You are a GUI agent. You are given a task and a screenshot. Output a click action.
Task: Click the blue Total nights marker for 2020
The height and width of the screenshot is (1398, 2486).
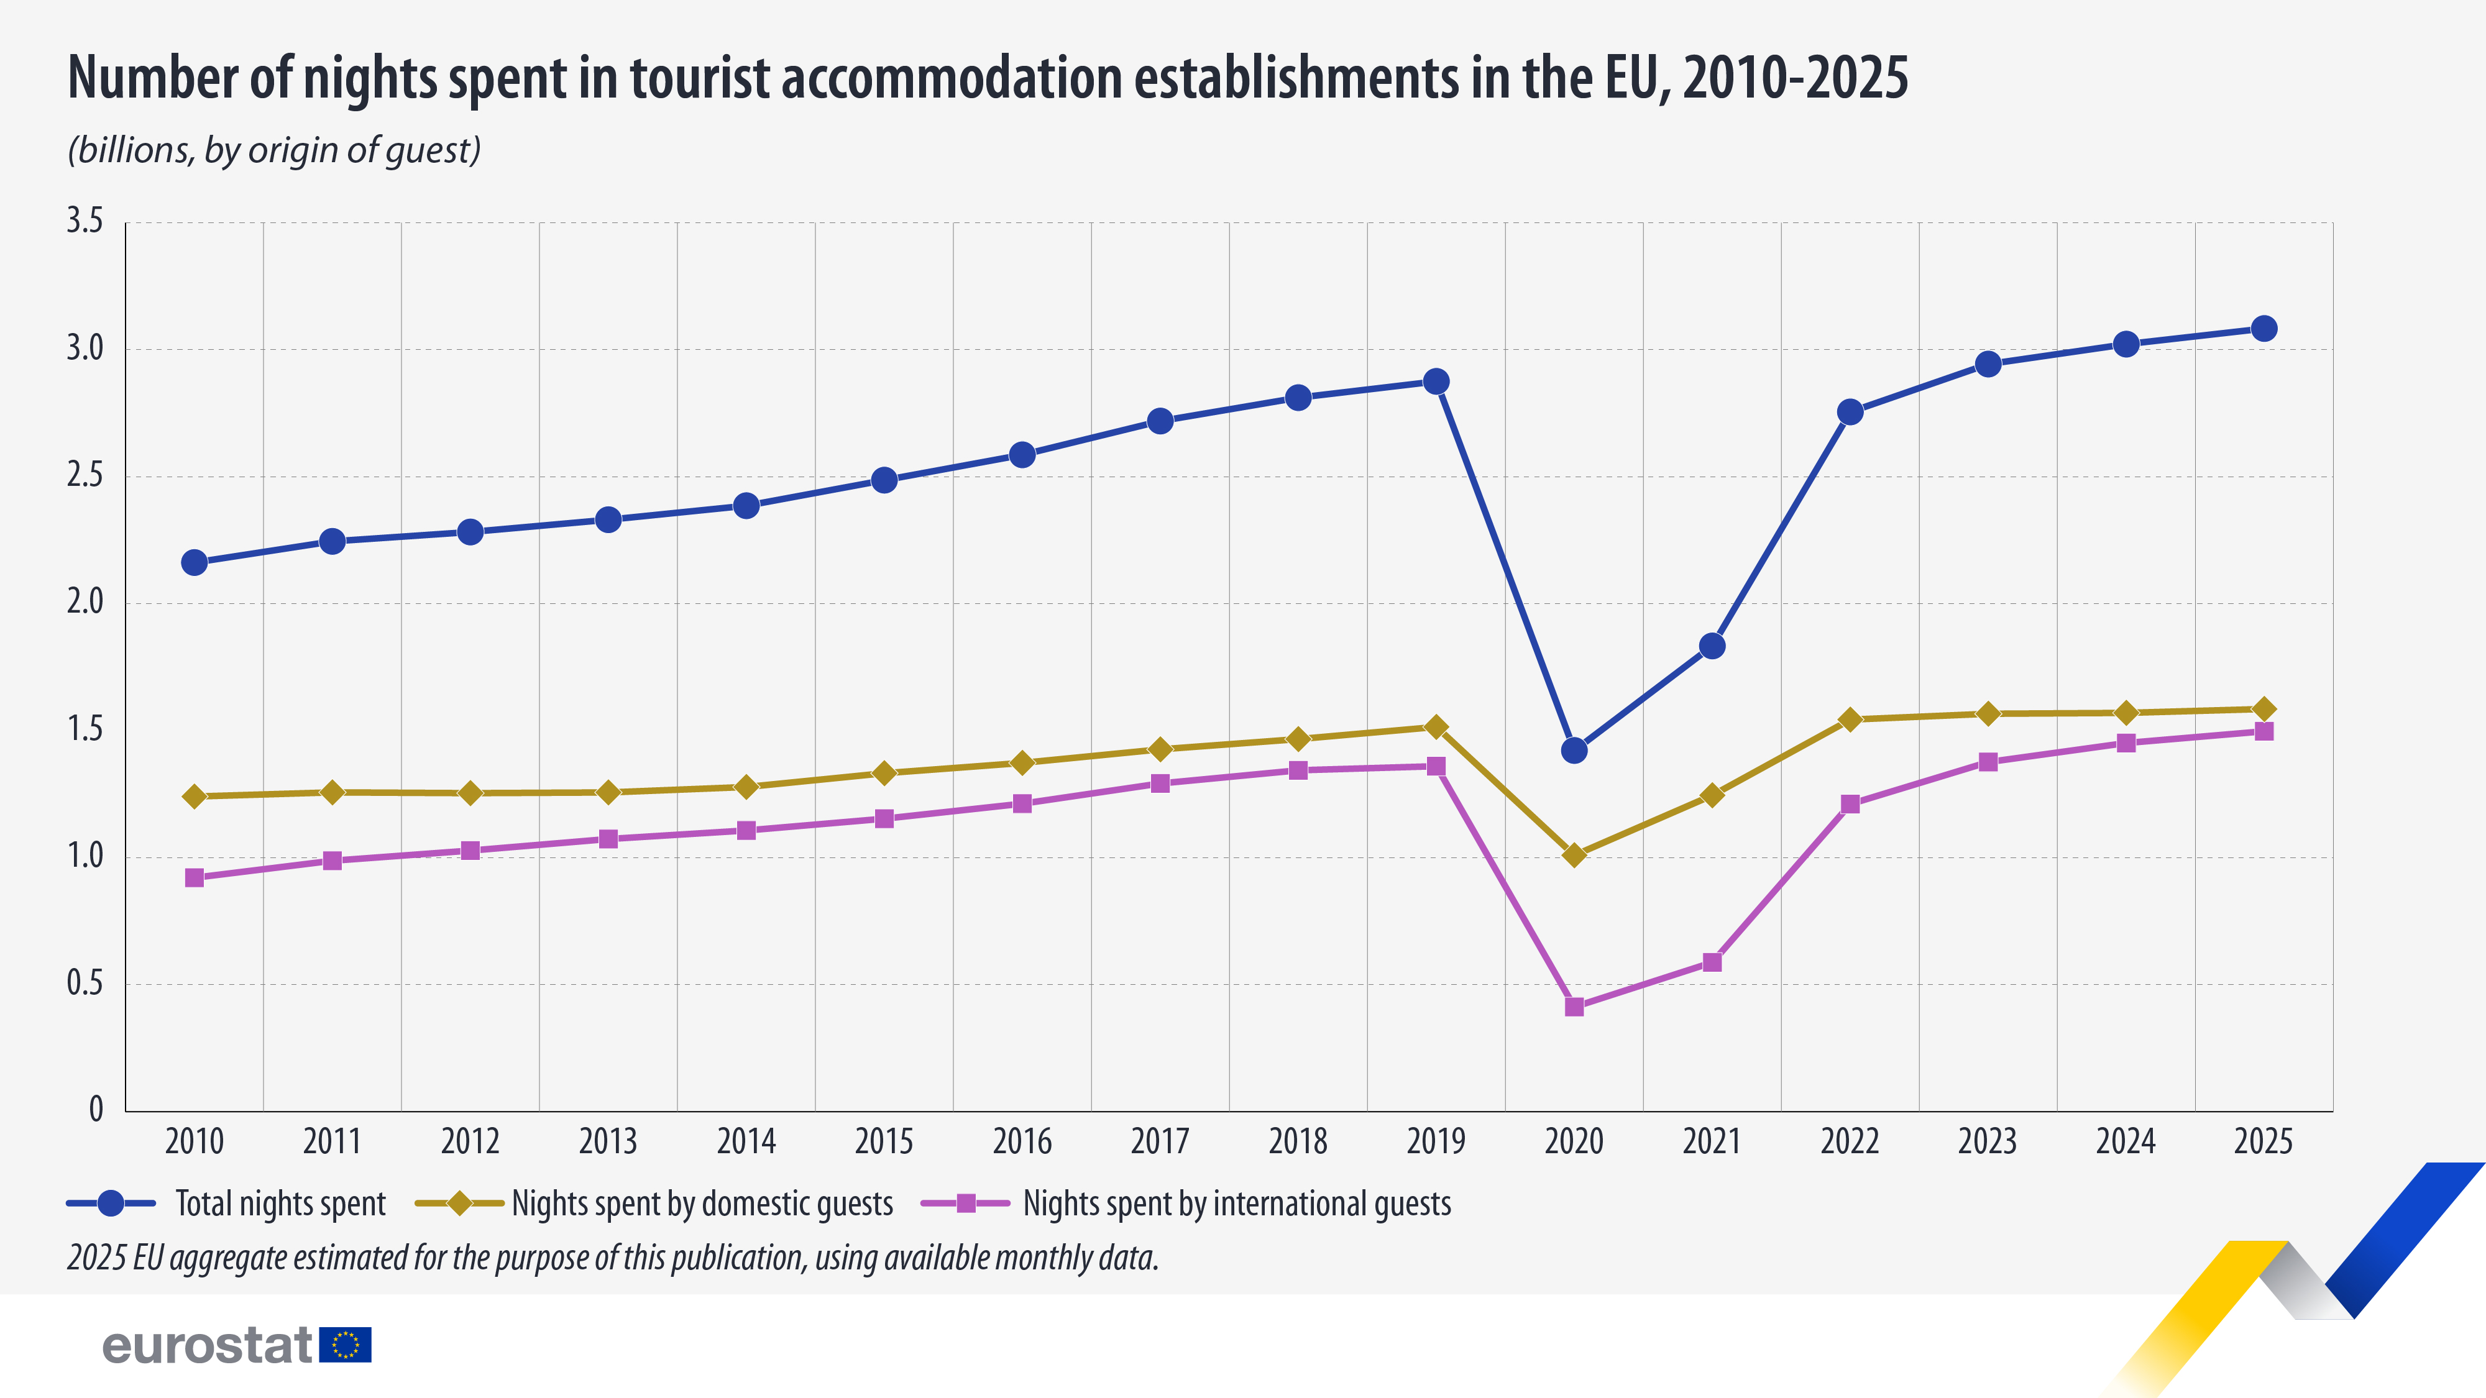pos(1574,750)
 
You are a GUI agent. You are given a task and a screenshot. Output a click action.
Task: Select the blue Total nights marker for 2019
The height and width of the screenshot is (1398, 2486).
pos(1436,381)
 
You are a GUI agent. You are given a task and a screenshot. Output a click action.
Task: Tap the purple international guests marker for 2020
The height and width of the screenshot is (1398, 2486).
pos(1574,1007)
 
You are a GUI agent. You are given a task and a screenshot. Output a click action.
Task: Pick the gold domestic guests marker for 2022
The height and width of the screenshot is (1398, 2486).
pos(1850,719)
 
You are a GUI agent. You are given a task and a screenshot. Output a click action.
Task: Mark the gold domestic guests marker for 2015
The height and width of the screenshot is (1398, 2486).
pos(884,773)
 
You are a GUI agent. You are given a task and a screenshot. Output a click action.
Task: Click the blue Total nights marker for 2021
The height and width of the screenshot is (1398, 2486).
pos(1712,646)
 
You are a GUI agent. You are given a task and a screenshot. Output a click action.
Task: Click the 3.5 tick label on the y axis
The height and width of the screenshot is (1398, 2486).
pos(84,221)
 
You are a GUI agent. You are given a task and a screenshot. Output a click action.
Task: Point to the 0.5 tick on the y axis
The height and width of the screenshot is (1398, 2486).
pos(84,983)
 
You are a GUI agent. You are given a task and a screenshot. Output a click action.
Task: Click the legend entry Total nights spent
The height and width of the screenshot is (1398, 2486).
pos(280,1204)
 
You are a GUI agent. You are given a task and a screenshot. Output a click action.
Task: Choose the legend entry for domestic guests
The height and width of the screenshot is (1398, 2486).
pos(702,1204)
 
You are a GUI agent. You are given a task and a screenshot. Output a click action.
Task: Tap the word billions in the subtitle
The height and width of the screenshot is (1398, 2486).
pos(131,150)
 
